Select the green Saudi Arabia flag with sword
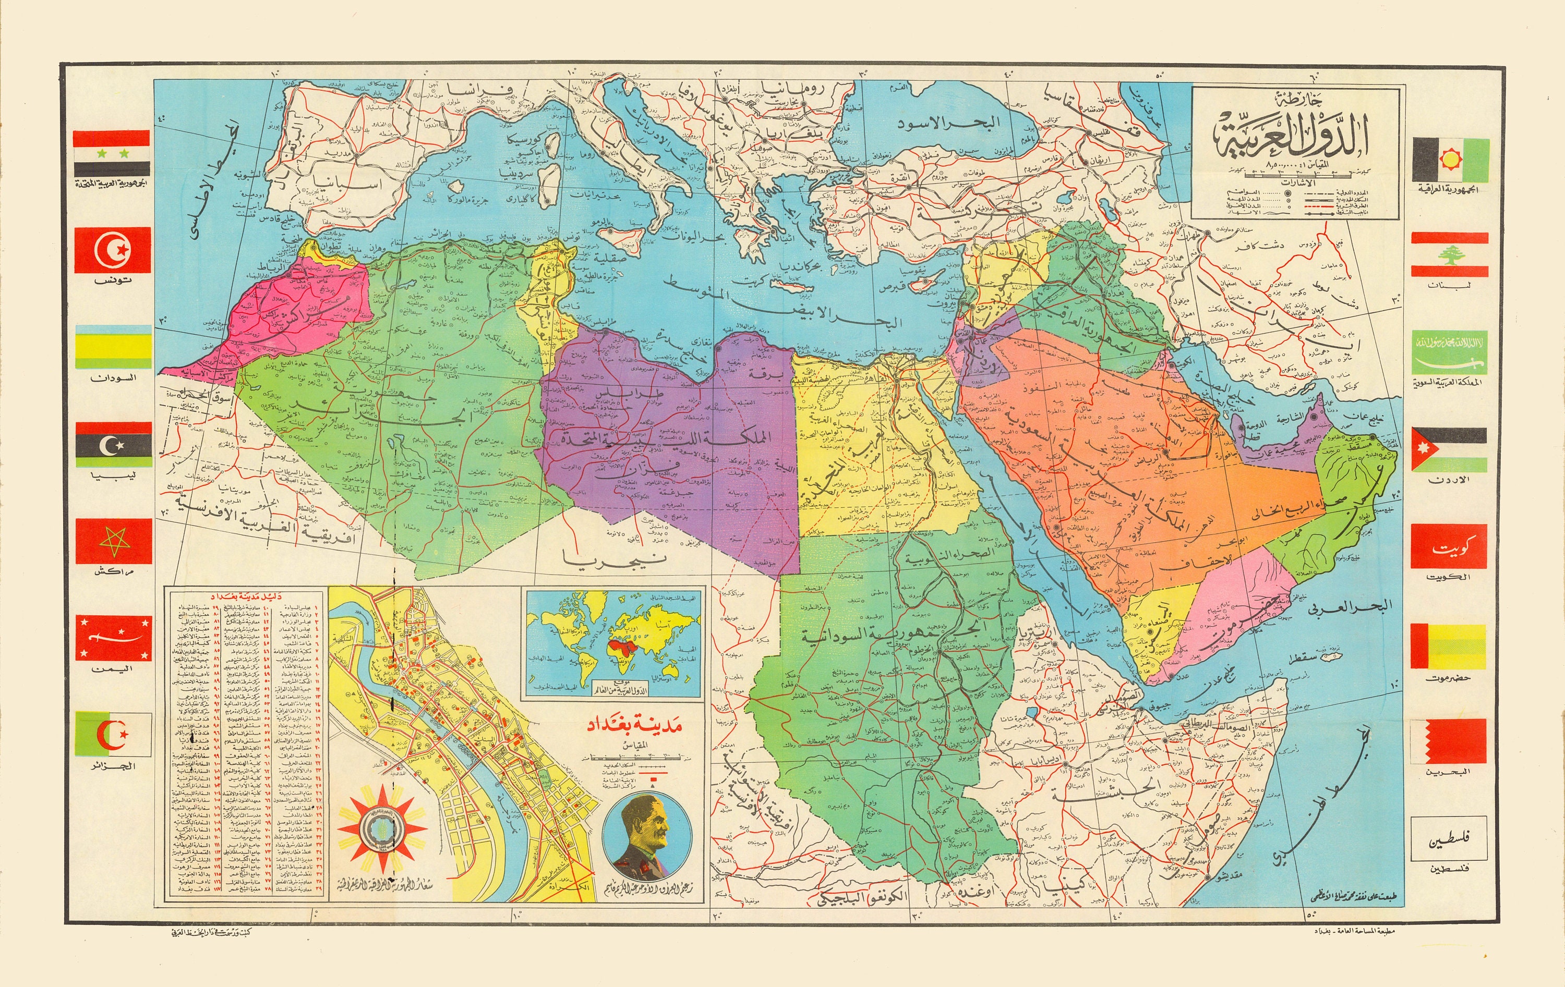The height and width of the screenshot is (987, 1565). pos(1449,352)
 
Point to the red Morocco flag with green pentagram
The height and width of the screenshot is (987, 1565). pos(113,541)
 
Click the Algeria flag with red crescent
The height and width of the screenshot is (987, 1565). pos(113,734)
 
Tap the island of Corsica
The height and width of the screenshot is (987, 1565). pos(553,145)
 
